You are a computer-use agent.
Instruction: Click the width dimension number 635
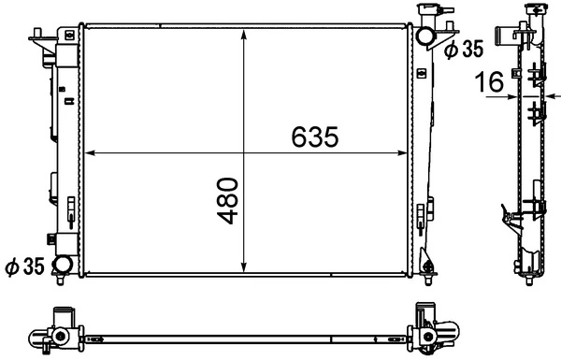(x=313, y=137)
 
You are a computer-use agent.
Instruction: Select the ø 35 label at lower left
(x=25, y=267)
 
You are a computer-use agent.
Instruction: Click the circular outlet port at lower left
(x=65, y=266)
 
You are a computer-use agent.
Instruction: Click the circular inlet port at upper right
(x=425, y=37)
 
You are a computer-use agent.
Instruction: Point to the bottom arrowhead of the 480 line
(x=245, y=268)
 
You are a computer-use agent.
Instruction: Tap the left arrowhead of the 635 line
(x=90, y=151)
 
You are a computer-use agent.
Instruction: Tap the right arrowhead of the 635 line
(x=401, y=151)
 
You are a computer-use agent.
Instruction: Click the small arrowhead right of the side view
(x=554, y=94)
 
